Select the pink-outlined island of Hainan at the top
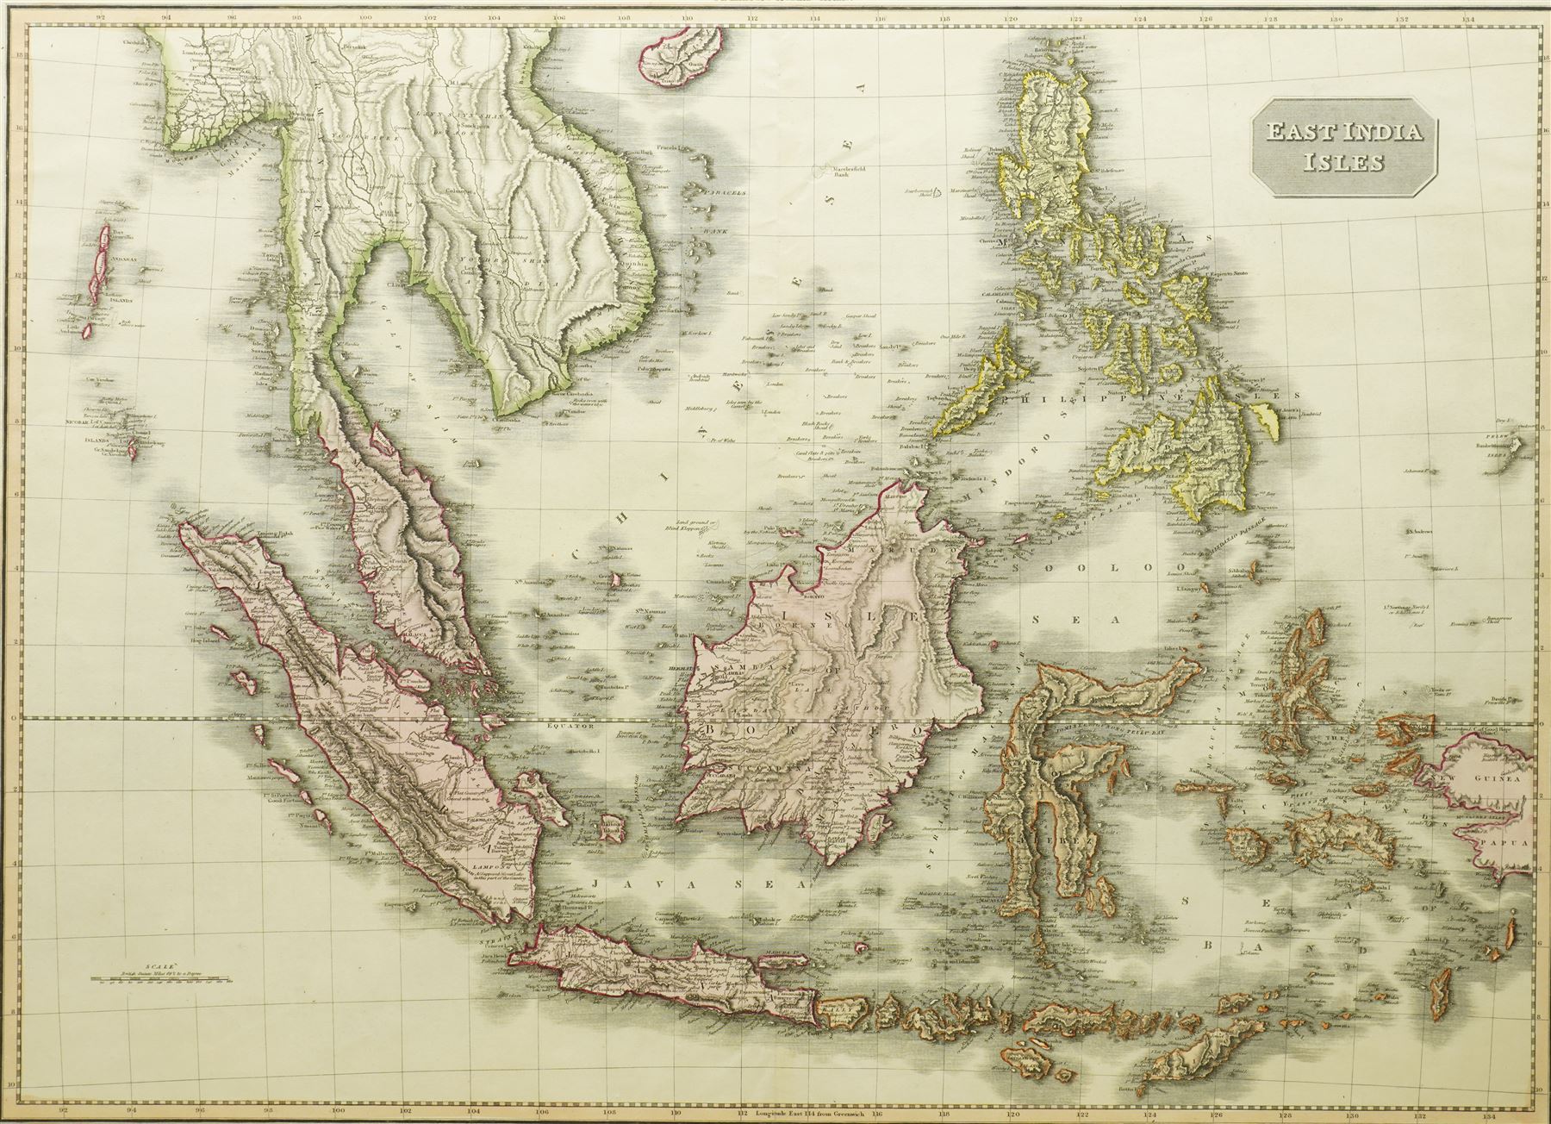coord(677,61)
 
